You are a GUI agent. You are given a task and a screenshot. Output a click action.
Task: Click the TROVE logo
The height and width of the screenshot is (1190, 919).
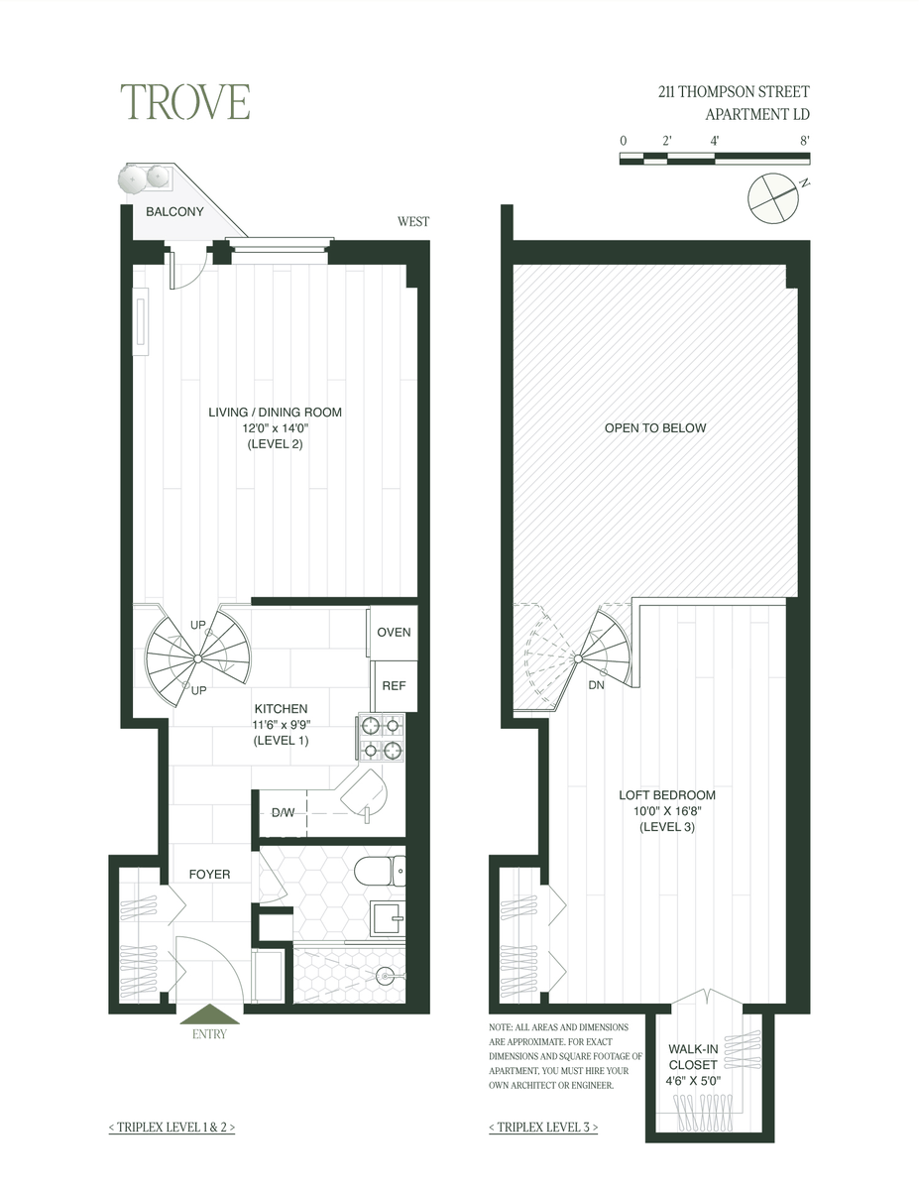click(185, 102)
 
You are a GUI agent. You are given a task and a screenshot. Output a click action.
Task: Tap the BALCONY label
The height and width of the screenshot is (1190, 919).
click(174, 212)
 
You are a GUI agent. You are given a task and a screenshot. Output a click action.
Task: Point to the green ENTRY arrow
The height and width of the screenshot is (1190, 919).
click(209, 1013)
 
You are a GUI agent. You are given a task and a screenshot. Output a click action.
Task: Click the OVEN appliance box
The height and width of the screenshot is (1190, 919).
click(394, 633)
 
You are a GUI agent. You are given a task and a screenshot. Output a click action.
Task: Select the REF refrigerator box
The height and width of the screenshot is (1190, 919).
click(395, 686)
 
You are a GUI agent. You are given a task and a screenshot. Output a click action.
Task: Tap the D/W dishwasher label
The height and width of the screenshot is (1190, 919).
click(283, 813)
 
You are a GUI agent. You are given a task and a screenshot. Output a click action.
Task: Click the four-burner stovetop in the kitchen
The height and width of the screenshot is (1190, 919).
click(382, 737)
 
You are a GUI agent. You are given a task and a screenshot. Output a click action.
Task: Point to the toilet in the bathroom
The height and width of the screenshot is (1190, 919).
click(380, 872)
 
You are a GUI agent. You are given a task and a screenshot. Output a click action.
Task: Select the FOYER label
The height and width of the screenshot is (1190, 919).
click(209, 875)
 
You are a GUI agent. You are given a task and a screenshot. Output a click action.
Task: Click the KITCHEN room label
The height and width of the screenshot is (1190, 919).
click(282, 709)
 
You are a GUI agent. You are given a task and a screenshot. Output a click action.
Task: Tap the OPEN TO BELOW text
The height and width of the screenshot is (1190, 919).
click(655, 428)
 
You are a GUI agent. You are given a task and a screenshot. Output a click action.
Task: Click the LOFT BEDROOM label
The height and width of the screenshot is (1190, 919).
click(667, 795)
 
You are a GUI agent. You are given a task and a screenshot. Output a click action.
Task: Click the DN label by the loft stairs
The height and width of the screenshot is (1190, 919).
click(596, 685)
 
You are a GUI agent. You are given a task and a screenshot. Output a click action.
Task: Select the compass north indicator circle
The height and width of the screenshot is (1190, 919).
click(773, 198)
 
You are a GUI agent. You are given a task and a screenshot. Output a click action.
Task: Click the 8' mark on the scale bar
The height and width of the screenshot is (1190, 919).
click(804, 141)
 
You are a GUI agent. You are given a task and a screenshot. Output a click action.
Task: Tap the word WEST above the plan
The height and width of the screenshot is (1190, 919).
click(413, 222)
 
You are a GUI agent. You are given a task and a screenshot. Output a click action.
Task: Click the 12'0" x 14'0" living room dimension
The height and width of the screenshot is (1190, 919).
click(276, 428)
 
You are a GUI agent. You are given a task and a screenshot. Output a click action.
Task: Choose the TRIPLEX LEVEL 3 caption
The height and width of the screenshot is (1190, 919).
click(543, 1127)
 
